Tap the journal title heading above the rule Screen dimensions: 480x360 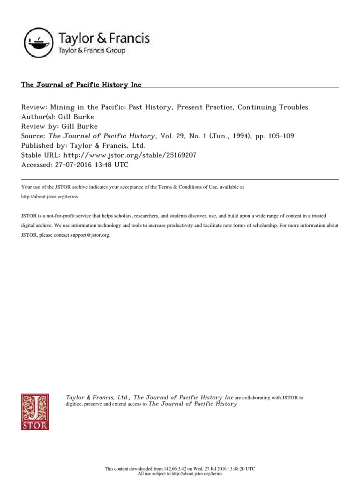81,85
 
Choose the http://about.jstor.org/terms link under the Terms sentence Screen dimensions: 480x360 50,196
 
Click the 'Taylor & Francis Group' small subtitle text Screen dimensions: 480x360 91,50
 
